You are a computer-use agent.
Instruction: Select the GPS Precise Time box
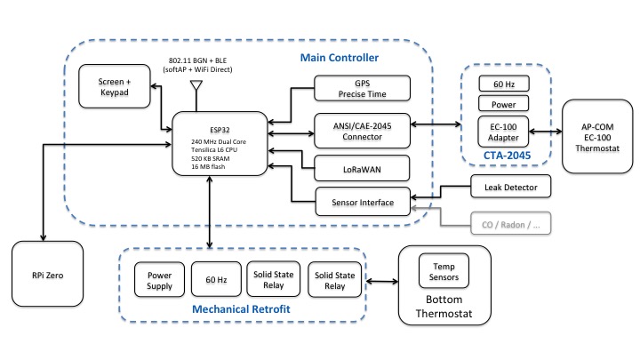(363, 87)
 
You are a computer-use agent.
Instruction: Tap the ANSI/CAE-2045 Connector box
(363, 130)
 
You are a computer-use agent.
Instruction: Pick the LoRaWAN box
(363, 166)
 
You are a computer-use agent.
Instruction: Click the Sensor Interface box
(363, 201)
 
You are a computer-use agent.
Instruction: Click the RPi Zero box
(47, 275)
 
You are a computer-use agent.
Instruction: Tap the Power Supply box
(158, 279)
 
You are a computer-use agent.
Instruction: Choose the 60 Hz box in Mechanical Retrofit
(216, 279)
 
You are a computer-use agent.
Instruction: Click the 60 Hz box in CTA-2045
(503, 84)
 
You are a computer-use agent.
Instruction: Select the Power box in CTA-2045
(503, 104)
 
